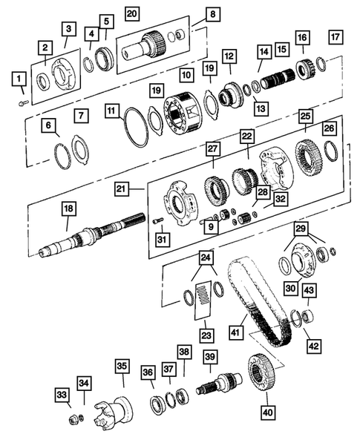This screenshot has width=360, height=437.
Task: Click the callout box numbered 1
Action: click(x=17, y=77)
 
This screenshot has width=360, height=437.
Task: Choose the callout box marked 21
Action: click(x=121, y=190)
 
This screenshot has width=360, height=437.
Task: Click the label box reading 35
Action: click(x=122, y=365)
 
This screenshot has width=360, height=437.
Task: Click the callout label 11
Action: click(x=112, y=111)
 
